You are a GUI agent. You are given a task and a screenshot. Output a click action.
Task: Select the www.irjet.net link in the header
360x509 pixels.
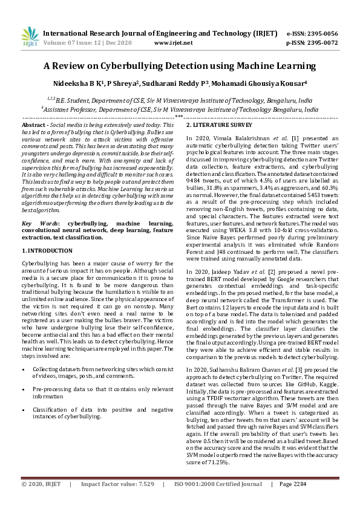173,43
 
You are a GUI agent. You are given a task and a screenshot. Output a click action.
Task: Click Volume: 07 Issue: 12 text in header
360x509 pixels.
75,43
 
